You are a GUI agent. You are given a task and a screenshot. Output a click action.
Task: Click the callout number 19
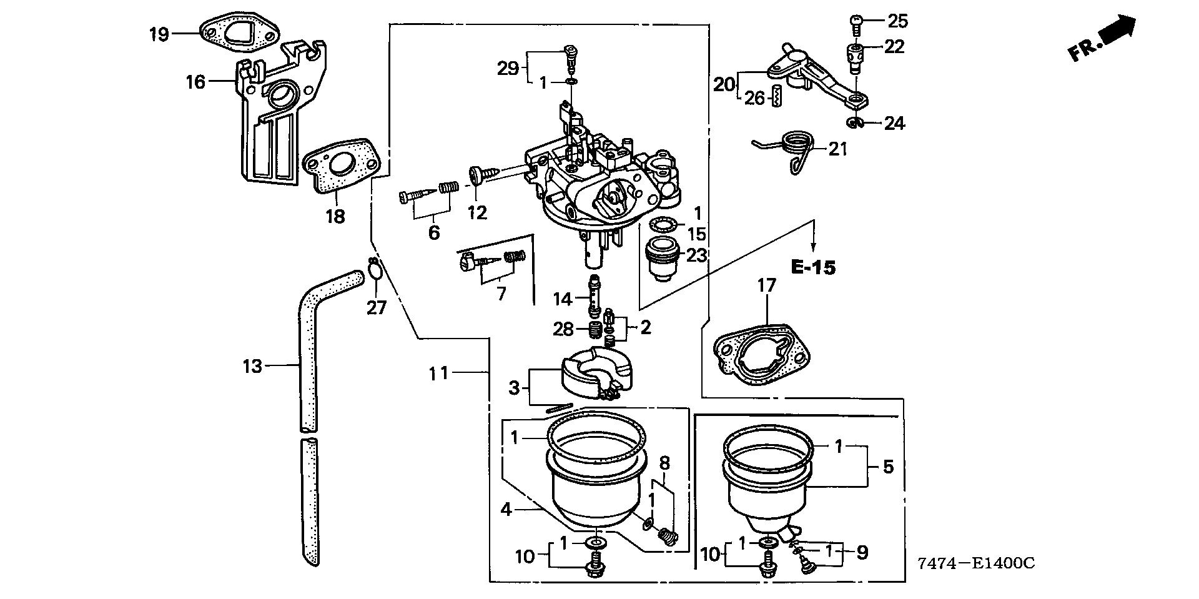tap(159, 34)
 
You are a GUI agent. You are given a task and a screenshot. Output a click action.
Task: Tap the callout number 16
tap(195, 81)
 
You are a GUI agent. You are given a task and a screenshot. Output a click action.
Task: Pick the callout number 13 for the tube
tap(252, 366)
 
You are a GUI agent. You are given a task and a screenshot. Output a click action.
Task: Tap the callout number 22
tap(894, 47)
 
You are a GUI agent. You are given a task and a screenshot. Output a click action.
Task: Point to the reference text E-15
tap(812, 268)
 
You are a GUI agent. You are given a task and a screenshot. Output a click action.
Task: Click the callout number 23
tap(696, 255)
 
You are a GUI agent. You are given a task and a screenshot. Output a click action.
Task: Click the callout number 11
tap(438, 374)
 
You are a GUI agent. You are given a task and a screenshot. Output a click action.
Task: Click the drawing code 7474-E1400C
tap(976, 564)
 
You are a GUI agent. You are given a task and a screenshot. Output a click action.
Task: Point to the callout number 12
tap(477, 213)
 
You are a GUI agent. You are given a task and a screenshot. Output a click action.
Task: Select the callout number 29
tap(508, 68)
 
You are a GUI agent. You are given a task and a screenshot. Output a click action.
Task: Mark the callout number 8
tap(664, 463)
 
